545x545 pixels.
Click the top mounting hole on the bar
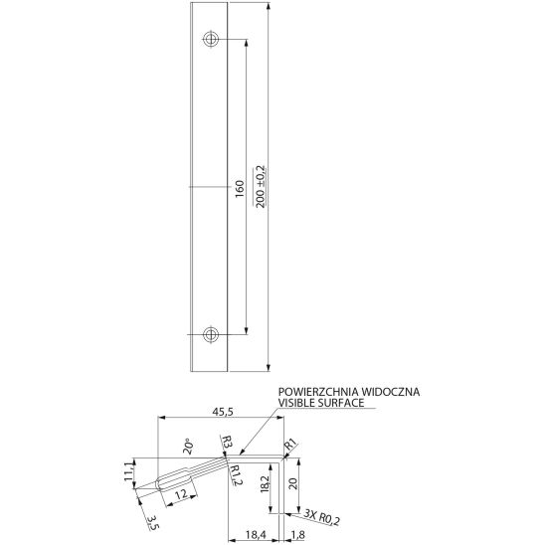click(210, 39)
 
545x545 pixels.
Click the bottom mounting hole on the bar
click(210, 334)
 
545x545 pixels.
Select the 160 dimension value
click(239, 189)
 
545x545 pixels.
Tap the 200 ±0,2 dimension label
click(261, 187)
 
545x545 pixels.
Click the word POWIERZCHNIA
click(323, 393)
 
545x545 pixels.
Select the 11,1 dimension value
click(128, 471)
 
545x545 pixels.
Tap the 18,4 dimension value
click(255, 537)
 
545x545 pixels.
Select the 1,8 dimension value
click(298, 537)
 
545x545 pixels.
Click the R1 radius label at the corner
click(290, 445)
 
